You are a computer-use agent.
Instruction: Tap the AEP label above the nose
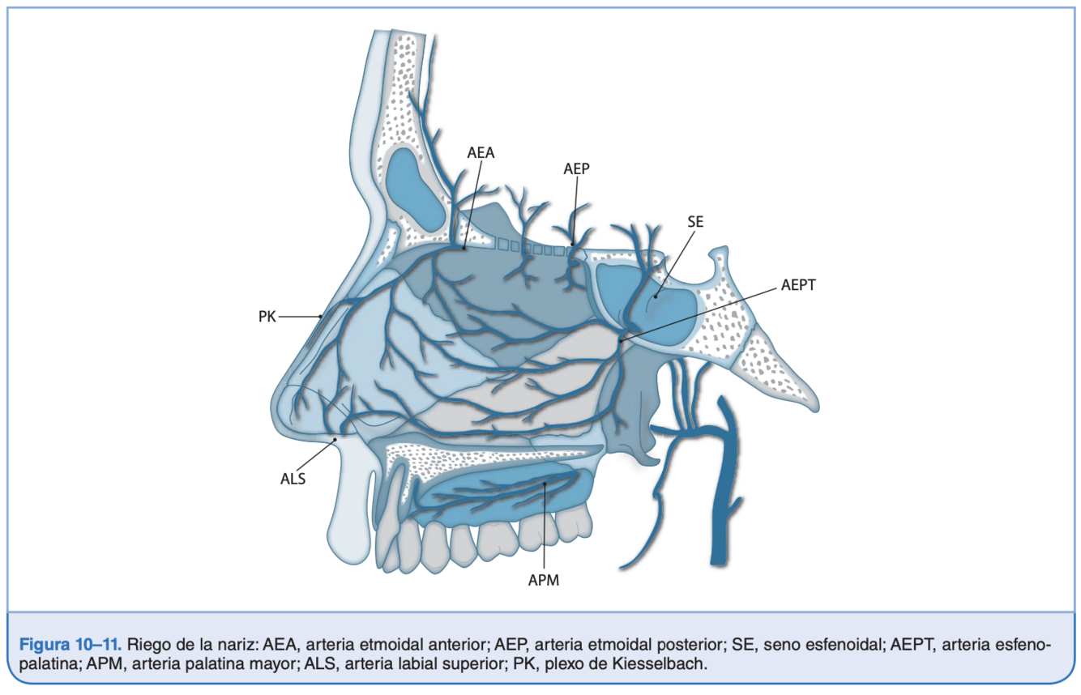click(x=576, y=168)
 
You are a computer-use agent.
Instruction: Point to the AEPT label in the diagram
click(x=798, y=284)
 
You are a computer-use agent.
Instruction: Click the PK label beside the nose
click(x=267, y=316)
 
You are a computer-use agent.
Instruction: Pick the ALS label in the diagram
click(x=293, y=478)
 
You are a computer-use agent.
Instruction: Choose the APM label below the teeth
click(x=544, y=580)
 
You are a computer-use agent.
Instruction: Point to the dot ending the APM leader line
click(x=545, y=484)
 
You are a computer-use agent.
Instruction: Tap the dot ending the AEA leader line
click(x=464, y=248)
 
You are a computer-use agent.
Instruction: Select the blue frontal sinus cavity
click(x=414, y=185)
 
